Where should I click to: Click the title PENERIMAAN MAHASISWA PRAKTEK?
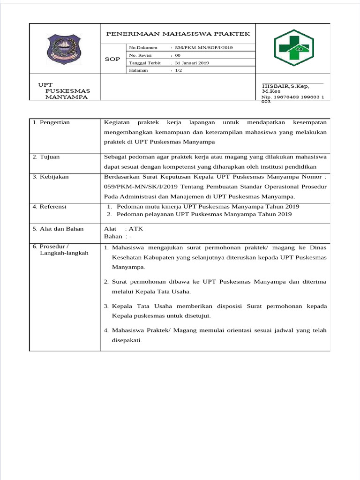tap(178, 34)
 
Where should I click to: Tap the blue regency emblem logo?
tap(65, 48)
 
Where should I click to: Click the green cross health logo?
tap(294, 48)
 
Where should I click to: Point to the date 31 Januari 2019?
tap(192, 63)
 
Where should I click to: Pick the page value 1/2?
tap(179, 70)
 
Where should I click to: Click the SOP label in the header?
tap(112, 59)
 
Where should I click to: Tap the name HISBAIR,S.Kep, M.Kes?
tap(285, 89)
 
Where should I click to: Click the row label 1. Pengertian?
tap(51, 122)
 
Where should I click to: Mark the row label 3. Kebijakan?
tap(51, 177)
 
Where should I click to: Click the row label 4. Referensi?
tap(50, 206)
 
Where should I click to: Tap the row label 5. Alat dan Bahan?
tap(58, 229)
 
